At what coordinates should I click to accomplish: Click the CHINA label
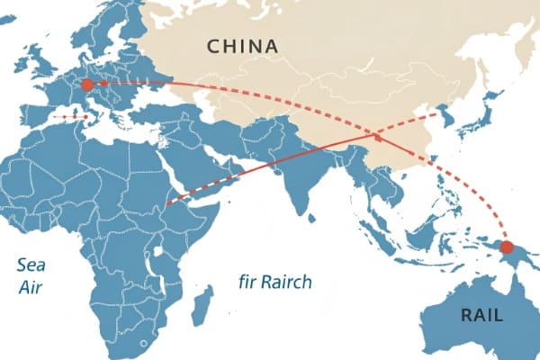coord(242,46)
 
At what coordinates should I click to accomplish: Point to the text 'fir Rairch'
coord(275,282)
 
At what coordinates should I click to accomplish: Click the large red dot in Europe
coord(87,85)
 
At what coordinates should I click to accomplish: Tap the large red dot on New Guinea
coord(507,247)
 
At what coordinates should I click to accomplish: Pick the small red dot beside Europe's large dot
coord(104,83)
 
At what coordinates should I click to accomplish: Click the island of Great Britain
coord(42,66)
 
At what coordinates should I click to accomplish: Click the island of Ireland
coord(22,67)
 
